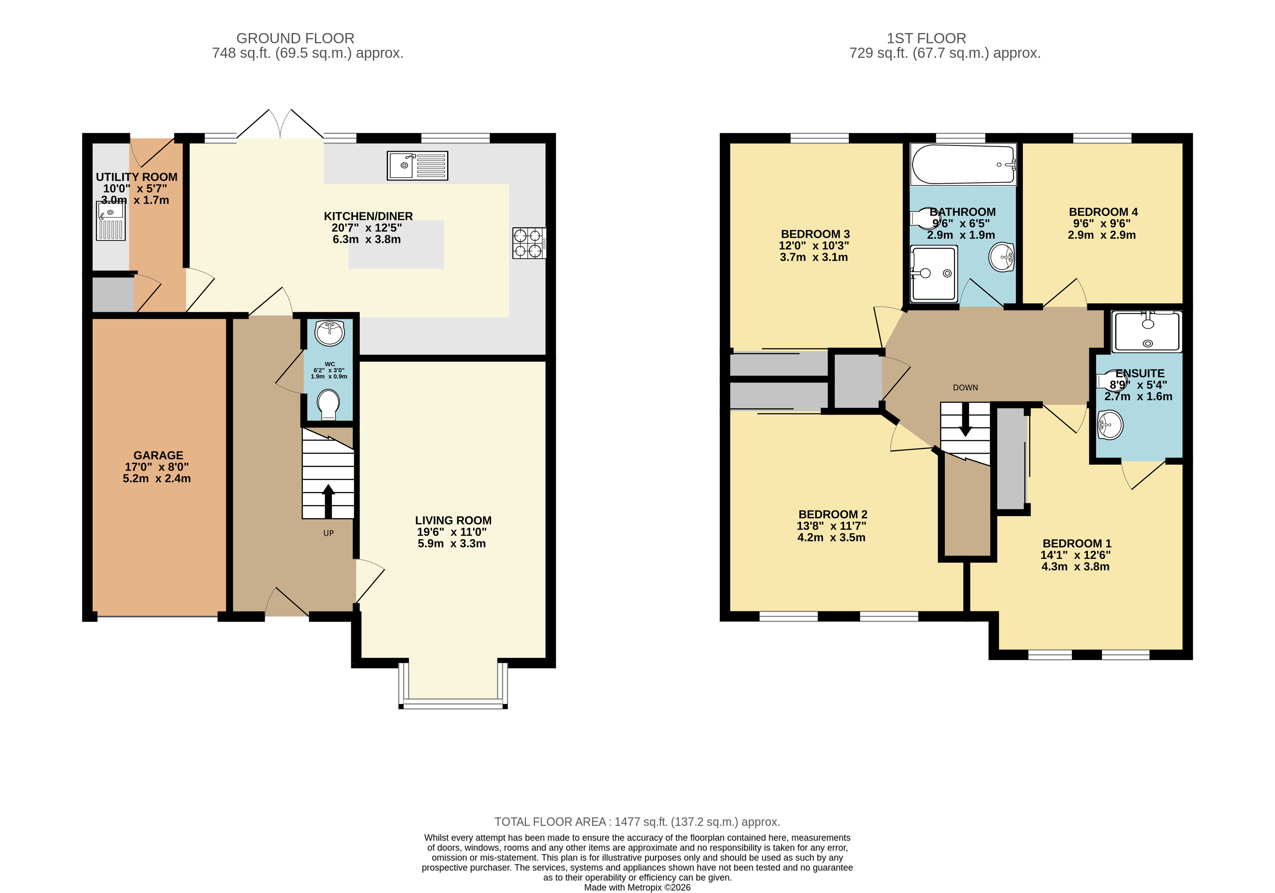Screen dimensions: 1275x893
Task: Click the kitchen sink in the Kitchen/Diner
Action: tap(417, 165)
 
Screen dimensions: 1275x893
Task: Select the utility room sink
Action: tap(111, 221)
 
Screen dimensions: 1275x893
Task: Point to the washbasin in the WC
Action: tap(329, 333)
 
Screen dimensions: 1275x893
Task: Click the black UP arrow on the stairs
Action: tap(328, 501)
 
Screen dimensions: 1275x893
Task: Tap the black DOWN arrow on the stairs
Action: tap(965, 419)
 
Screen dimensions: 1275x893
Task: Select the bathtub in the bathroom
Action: tap(963, 164)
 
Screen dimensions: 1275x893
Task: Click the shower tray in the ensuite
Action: tap(1146, 332)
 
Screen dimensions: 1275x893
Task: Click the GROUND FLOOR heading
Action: tap(296, 38)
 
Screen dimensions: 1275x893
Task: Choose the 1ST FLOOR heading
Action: tap(926, 38)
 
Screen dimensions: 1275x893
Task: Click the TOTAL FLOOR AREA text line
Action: tap(638, 822)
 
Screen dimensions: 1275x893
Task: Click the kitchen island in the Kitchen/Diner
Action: tap(396, 244)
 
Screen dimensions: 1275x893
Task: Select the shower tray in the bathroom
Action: tap(934, 274)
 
